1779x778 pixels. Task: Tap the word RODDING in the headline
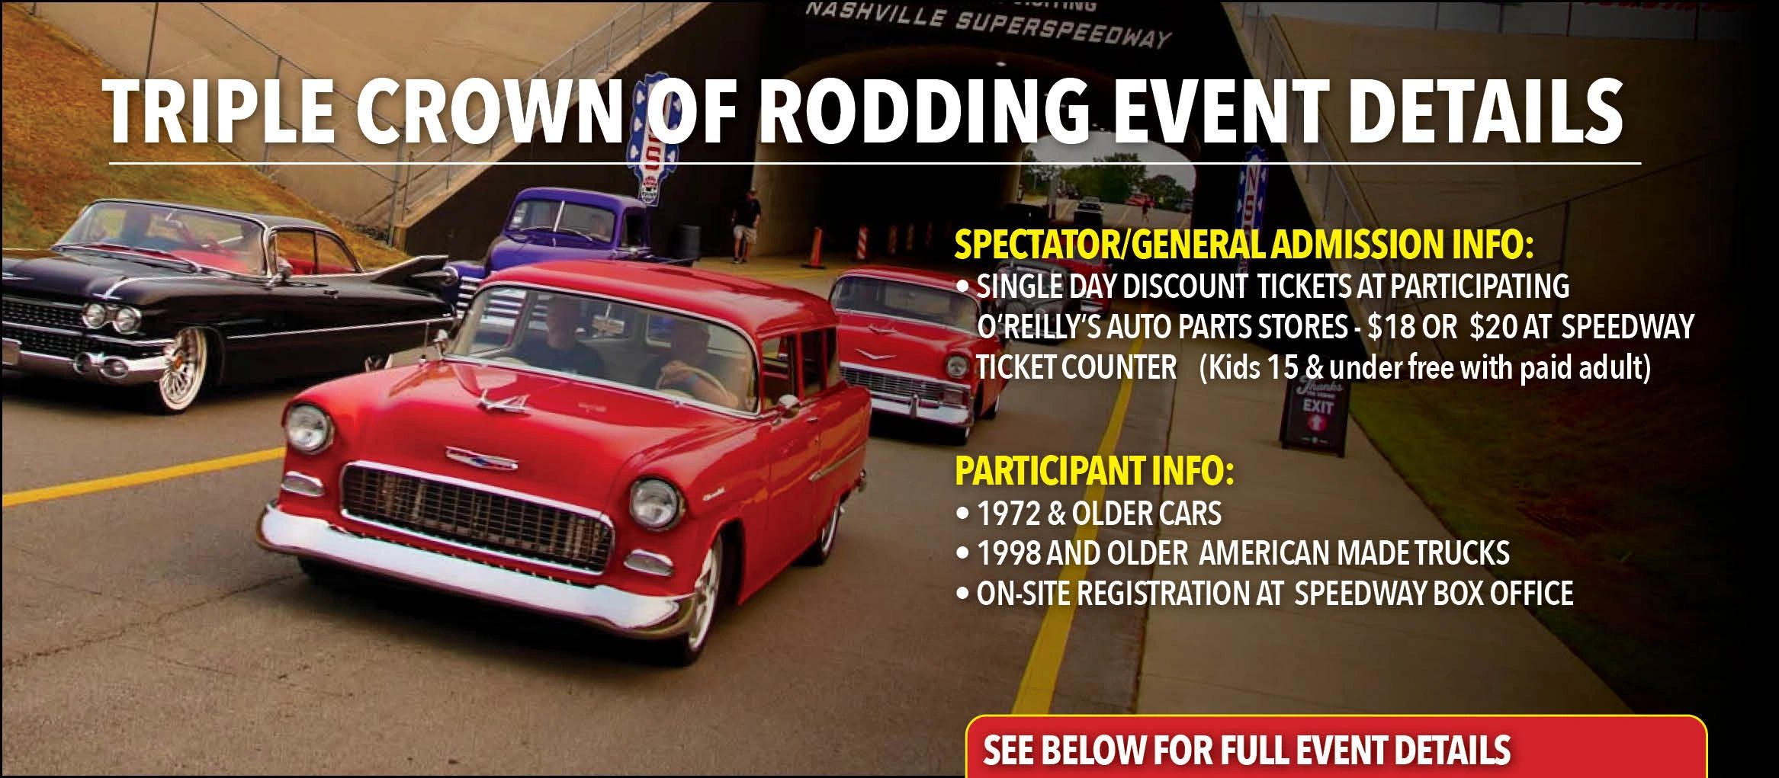point(926,111)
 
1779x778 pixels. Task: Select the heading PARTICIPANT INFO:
point(1094,471)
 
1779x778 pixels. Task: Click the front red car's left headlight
point(308,427)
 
